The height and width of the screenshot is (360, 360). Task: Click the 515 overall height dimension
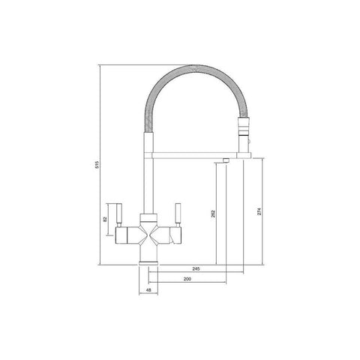pos(97,164)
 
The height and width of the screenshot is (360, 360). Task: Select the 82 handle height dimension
pos(105,219)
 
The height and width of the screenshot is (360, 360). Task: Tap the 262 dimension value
pos(213,214)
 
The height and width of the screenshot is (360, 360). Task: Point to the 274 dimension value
pos(259,211)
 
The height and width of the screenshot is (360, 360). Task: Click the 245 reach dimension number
pos(196,269)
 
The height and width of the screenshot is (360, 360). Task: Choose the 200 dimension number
pos(187,279)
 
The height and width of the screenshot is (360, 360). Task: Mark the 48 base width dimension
pos(148,290)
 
